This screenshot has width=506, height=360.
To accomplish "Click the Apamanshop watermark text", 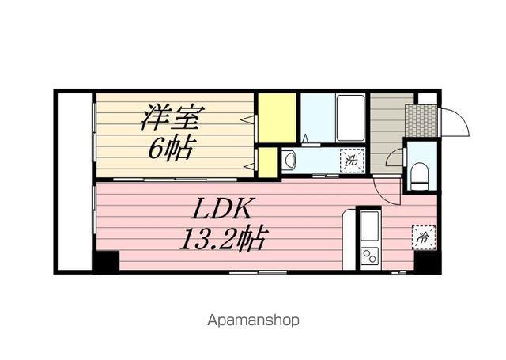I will tap(253, 320).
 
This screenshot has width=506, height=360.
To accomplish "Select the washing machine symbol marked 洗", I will tap(351, 161).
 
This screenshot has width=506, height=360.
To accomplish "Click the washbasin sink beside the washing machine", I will tap(289, 161).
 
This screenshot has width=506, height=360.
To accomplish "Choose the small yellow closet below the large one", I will tap(268, 162).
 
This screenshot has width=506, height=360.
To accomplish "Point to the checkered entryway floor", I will tap(421, 119).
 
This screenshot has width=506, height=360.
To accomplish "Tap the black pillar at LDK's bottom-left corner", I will tap(106, 261).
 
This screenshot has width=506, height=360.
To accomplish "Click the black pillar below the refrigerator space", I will tap(428, 261).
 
